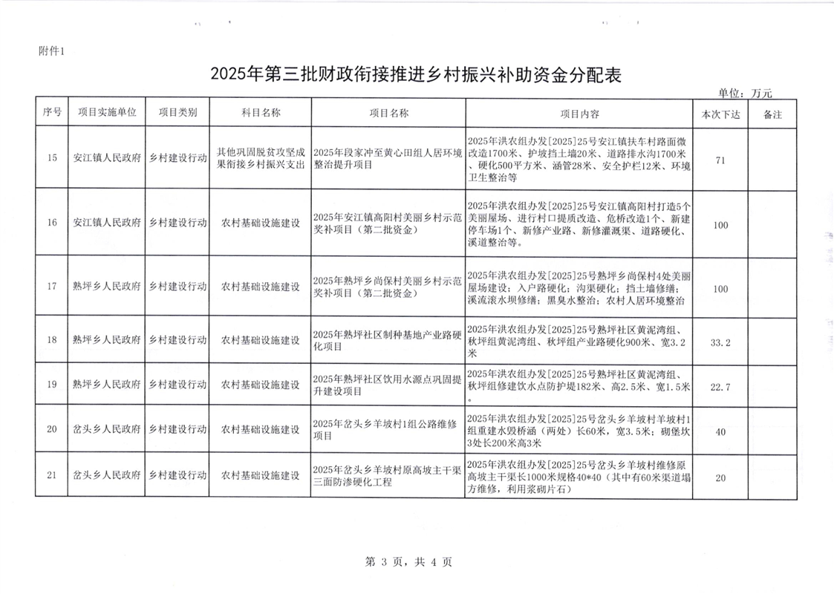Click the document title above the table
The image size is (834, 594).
(416, 74)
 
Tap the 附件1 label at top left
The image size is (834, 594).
(52, 51)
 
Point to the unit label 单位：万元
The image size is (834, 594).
(745, 94)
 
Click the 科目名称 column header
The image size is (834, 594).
(260, 113)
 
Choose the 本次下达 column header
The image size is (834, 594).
(720, 114)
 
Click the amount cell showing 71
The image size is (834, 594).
(720, 158)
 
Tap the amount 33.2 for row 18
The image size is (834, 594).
(720, 341)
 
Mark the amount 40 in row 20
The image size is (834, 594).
(720, 431)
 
